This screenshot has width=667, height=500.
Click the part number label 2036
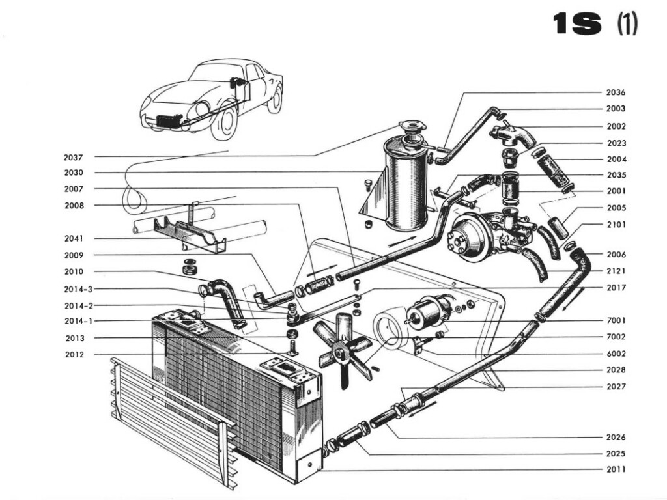[x=616, y=92]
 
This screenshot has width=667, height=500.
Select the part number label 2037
[x=74, y=157]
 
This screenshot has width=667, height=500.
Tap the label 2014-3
[x=78, y=289]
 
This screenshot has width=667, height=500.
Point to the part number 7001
[x=616, y=321]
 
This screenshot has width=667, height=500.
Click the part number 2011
[x=616, y=469]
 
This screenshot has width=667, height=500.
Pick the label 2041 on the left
[x=74, y=239]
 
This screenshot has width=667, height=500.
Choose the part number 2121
[x=616, y=271]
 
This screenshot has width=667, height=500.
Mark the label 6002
[x=616, y=354]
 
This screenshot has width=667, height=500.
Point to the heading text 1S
[x=576, y=25]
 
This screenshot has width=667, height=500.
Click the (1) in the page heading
[x=627, y=25]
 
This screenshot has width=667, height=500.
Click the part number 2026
[x=616, y=437]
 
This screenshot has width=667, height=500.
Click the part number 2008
[x=74, y=206]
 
